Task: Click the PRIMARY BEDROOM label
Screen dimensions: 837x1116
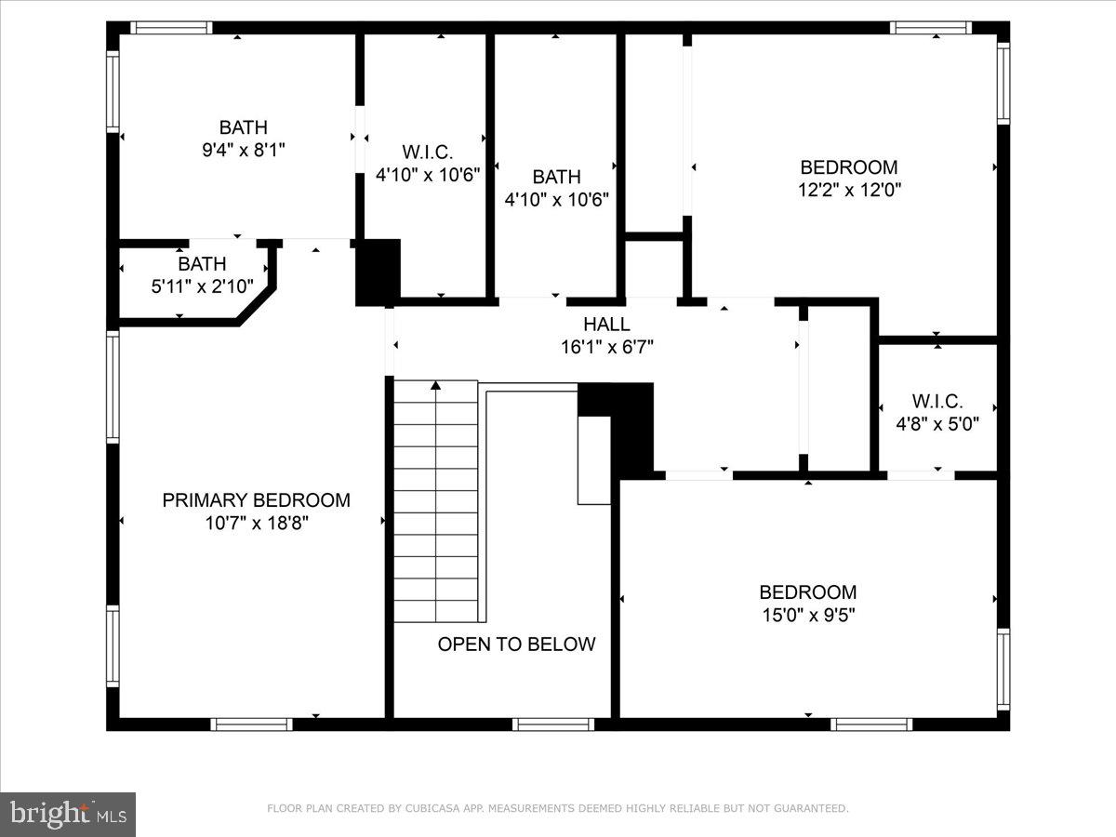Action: (x=256, y=500)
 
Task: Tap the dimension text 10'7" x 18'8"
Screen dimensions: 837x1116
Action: (x=256, y=523)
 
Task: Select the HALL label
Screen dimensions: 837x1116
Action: (x=606, y=325)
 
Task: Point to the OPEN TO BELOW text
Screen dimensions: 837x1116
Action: (x=516, y=644)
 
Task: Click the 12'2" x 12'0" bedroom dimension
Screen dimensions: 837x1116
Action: (x=849, y=190)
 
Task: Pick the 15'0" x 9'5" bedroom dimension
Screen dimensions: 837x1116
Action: (x=807, y=614)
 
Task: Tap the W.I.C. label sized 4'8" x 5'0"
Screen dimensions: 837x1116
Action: (x=937, y=402)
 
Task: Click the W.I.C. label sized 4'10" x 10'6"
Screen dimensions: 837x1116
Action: (x=427, y=152)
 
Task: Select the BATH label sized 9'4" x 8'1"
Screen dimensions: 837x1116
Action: (x=243, y=127)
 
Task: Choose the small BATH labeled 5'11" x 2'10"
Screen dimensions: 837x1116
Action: (x=202, y=265)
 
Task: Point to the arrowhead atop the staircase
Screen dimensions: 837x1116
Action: (x=436, y=387)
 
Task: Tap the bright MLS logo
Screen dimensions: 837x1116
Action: (x=68, y=815)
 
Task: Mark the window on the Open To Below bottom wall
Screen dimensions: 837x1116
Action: (x=552, y=724)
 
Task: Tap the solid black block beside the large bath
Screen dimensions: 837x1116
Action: (x=378, y=272)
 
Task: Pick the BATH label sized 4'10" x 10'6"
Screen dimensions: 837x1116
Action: (x=556, y=177)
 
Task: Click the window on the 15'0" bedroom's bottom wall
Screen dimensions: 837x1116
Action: (x=871, y=724)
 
